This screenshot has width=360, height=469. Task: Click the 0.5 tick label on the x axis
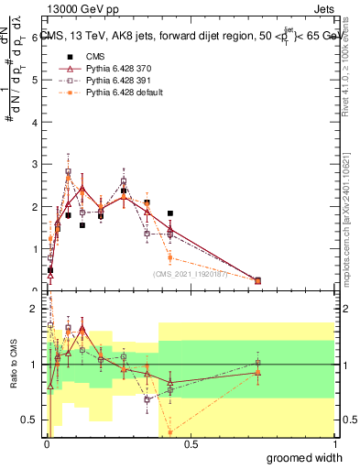(x=190, y=445)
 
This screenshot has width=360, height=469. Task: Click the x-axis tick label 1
(x=334, y=445)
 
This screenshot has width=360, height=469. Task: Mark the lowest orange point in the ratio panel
(x=170, y=431)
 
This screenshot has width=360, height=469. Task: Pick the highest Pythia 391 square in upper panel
(x=69, y=171)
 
